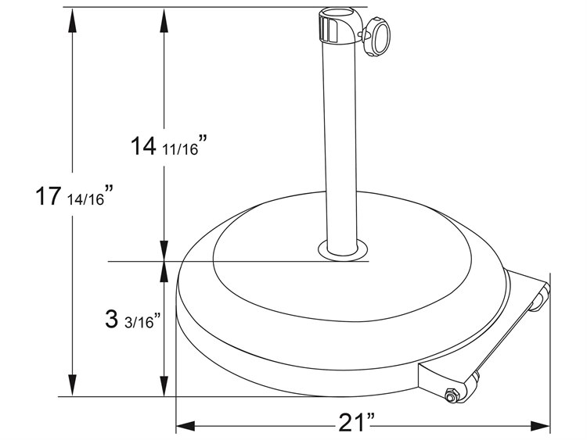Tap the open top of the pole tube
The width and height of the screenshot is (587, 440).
click(x=339, y=14)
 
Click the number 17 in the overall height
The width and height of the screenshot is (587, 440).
click(x=48, y=195)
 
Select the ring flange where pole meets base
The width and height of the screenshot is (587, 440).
click(x=342, y=251)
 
